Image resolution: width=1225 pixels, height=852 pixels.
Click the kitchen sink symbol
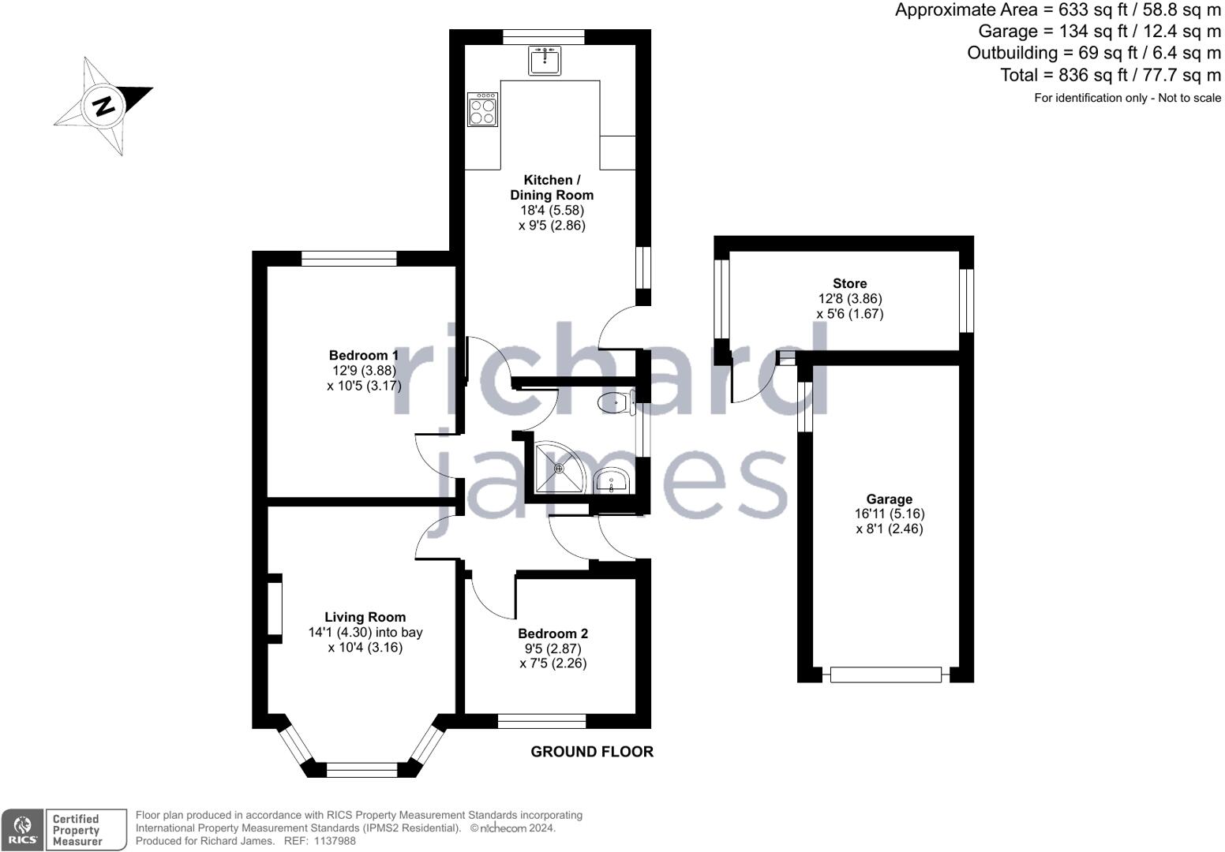545,61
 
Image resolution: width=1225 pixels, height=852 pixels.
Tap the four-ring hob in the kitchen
483,110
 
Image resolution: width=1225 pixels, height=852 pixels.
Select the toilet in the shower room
616,403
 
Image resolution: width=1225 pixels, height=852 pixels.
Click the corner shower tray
559,468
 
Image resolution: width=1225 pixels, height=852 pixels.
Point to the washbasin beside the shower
612,480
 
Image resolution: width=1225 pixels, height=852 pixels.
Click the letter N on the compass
103,106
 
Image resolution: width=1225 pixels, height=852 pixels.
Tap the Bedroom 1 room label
364,355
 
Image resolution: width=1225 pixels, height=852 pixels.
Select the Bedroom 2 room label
553,633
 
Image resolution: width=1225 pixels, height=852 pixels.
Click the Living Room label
365,617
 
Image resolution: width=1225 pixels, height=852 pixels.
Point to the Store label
849,283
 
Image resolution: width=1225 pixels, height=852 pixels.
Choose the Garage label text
890,499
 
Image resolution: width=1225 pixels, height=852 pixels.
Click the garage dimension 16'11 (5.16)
890,514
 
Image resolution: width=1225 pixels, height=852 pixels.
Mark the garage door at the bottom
886,674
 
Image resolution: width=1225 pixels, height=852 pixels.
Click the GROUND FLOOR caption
592,752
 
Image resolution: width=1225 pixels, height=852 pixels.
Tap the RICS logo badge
22,830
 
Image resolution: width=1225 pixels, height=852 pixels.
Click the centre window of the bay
362,769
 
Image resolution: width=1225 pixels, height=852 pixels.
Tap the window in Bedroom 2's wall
542,721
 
